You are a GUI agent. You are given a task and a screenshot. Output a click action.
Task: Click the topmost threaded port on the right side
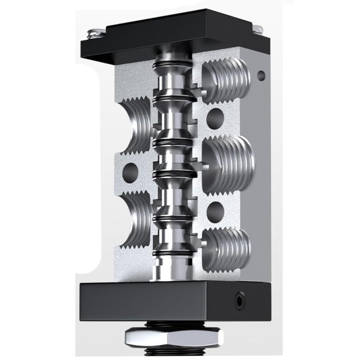(x=227, y=81)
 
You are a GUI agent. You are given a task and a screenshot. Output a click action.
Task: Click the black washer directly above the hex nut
(x=173, y=324)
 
